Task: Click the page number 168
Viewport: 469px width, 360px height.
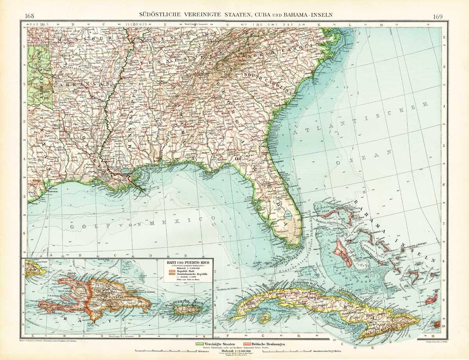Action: (x=29, y=16)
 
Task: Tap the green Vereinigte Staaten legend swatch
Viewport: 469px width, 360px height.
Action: (x=201, y=344)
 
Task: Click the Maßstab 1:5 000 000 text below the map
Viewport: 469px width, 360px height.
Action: (x=234, y=351)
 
